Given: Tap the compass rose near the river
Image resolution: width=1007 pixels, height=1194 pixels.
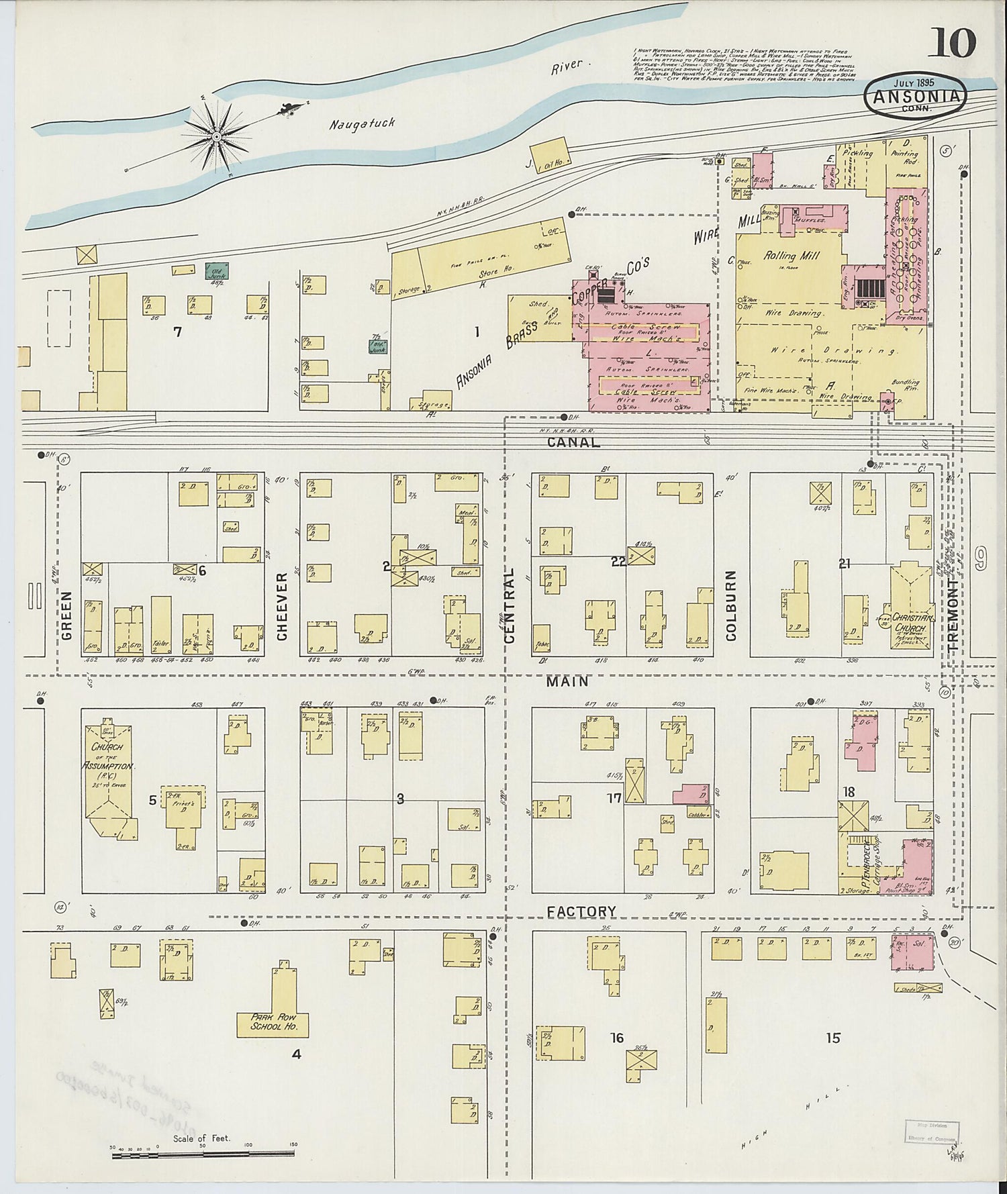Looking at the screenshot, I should (x=217, y=137).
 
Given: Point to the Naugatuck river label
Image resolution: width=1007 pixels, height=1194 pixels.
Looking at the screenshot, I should (x=363, y=123).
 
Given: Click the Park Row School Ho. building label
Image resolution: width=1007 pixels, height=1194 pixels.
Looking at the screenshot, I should (x=272, y=1022).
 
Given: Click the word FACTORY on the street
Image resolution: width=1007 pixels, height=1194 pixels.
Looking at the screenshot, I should (x=581, y=911).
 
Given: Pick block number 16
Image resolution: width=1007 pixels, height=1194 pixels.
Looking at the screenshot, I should (x=616, y=1038).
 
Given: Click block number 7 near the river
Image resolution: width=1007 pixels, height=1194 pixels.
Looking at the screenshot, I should (x=177, y=332).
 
